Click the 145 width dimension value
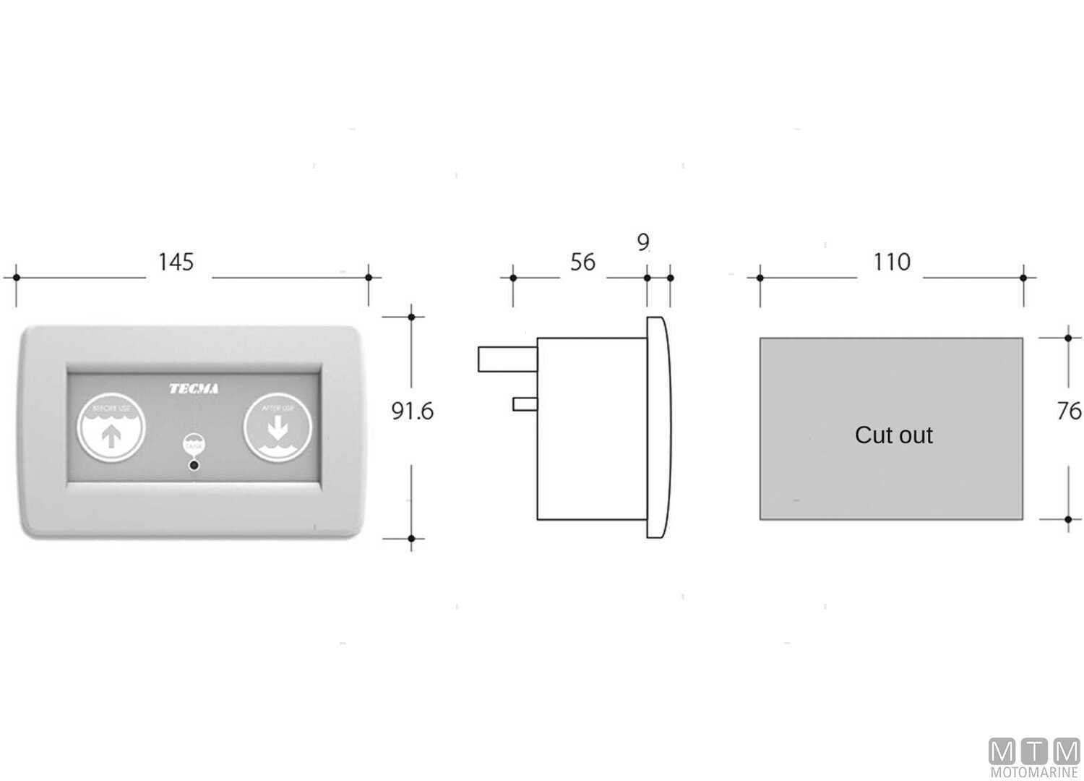(176, 262)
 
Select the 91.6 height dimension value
(412, 411)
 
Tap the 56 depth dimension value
(582, 262)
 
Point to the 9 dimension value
(643, 242)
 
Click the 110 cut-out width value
(892, 262)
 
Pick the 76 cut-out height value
(1068, 411)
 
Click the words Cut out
(893, 435)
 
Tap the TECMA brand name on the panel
(194, 389)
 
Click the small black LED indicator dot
(194, 465)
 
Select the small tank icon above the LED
(194, 444)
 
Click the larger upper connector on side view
(507, 359)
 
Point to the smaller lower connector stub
(524, 404)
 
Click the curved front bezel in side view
(658, 427)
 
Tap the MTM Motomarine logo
(1034, 758)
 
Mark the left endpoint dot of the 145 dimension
(16, 277)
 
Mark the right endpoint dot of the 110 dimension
(1023, 277)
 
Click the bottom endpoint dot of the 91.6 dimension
(411, 538)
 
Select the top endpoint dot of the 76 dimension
(1068, 337)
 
